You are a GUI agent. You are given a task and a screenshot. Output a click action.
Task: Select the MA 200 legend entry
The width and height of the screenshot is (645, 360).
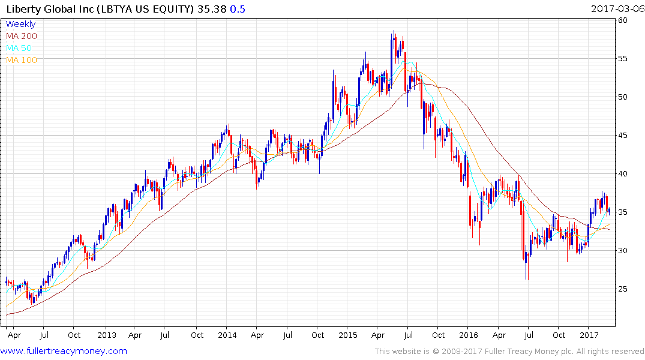click(x=21, y=36)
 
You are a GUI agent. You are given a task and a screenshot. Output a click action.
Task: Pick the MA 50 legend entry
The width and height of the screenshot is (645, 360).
click(x=19, y=48)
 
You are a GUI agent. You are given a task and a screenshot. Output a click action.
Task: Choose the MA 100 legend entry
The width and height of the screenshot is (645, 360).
click(x=21, y=60)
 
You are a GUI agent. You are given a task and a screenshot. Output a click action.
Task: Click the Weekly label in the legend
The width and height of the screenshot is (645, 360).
click(x=20, y=24)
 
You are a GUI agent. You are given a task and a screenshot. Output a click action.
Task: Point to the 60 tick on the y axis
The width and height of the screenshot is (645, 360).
click(x=623, y=20)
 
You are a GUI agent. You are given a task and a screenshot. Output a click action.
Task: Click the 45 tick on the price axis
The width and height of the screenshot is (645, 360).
click(x=623, y=136)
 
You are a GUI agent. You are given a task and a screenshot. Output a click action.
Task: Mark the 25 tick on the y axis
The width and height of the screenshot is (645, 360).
click(x=623, y=289)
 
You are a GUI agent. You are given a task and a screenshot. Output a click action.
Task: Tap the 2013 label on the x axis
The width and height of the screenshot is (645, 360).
click(x=106, y=335)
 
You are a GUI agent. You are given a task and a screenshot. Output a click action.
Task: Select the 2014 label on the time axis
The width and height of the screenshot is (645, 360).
click(x=227, y=335)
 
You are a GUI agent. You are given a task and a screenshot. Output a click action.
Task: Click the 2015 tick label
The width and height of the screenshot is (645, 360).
click(x=348, y=335)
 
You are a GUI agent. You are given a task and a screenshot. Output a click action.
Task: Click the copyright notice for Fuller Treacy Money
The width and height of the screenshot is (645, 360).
click(x=509, y=352)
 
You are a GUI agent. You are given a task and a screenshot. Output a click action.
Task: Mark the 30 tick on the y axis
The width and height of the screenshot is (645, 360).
click(x=623, y=251)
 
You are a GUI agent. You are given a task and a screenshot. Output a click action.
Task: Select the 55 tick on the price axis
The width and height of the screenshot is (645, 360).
click(x=623, y=59)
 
